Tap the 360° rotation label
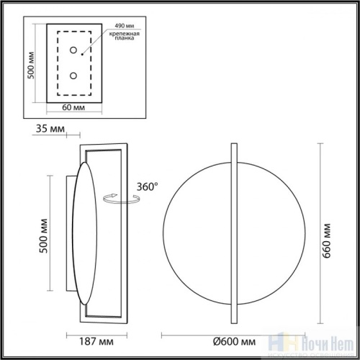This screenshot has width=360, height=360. pos(146,186)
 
